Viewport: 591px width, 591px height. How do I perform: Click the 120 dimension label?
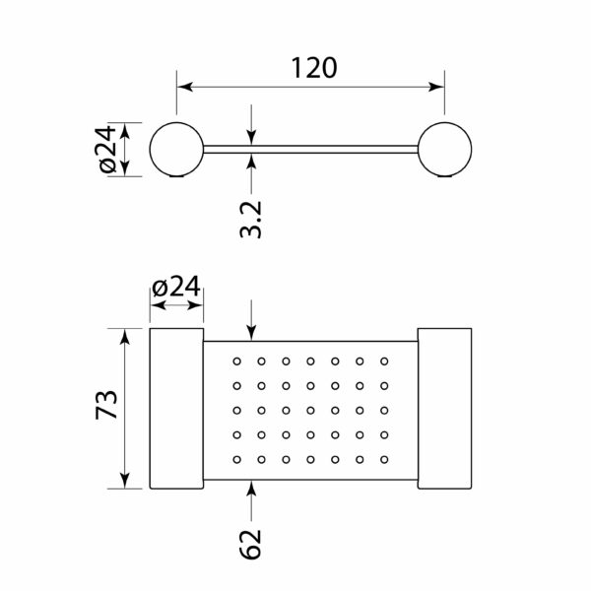314,68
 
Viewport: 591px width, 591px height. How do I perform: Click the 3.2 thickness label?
250,220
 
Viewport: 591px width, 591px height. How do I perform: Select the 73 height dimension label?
106,405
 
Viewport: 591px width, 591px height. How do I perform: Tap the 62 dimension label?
250,544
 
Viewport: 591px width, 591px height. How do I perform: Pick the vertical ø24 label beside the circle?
105,149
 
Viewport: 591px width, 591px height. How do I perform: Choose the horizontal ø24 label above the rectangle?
175,288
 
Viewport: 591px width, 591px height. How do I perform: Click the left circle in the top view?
176,150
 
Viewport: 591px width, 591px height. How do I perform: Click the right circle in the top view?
445,150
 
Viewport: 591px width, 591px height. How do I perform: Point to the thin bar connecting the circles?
310,150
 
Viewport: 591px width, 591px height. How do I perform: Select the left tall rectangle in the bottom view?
176,409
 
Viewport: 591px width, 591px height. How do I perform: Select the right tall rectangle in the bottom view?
445,409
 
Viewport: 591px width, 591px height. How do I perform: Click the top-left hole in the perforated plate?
236,361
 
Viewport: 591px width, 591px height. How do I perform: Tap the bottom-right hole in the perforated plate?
384,459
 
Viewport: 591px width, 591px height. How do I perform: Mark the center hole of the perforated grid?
310,411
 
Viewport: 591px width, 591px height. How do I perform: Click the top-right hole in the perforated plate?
384,361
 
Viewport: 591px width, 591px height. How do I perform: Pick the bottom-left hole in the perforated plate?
236,459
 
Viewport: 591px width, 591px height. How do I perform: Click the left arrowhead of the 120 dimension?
185,87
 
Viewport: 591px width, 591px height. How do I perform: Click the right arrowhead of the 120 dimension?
436,87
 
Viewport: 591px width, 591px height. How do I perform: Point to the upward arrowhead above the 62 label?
252,489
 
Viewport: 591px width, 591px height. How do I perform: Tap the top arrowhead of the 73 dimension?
125,337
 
